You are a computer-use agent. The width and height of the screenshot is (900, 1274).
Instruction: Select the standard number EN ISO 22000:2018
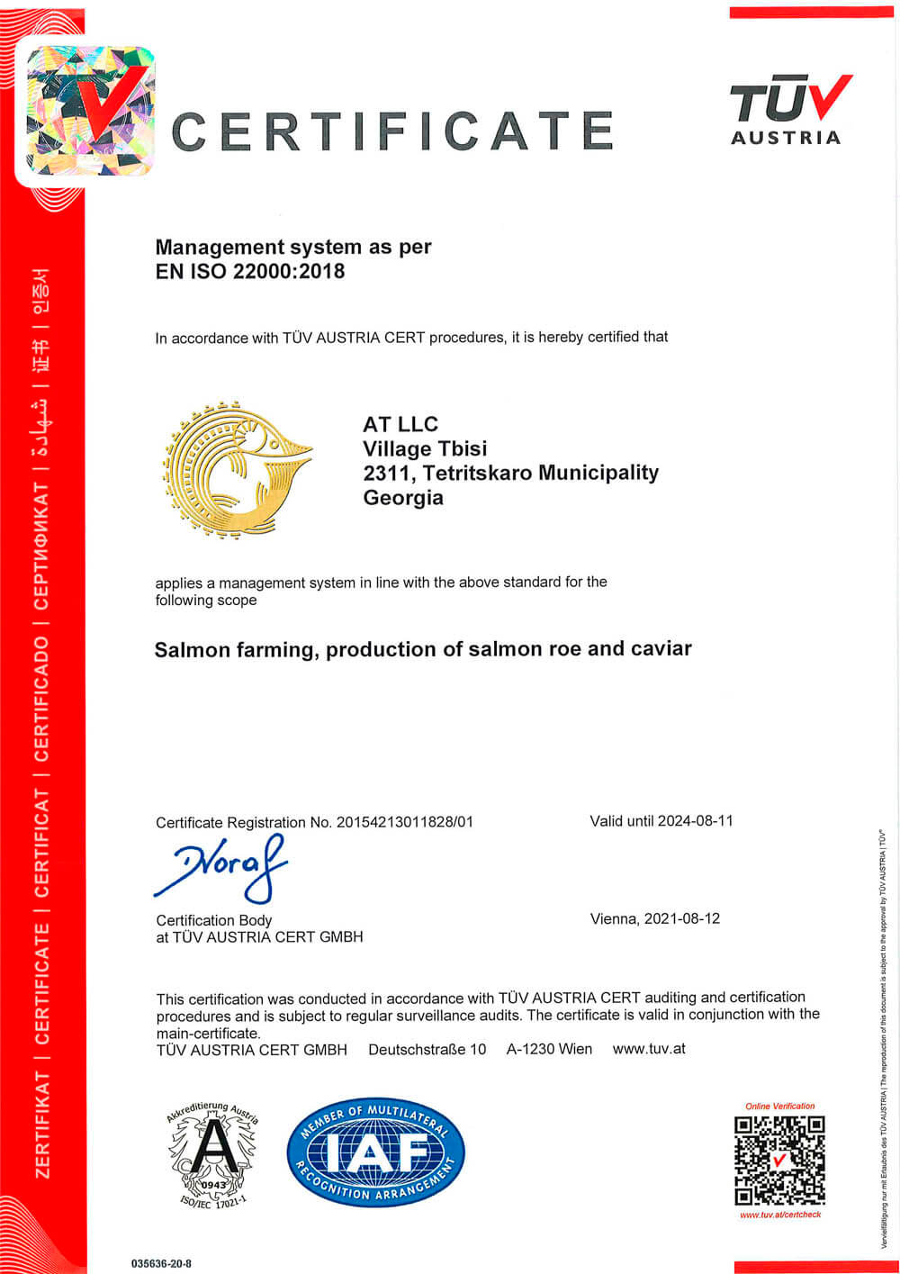(250, 271)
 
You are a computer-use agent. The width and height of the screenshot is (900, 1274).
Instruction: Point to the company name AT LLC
(400, 424)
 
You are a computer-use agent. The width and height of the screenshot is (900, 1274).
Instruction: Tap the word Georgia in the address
(403, 497)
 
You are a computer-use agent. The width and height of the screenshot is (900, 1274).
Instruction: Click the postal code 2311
(386, 473)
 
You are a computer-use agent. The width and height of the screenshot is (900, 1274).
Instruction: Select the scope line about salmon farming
(423, 649)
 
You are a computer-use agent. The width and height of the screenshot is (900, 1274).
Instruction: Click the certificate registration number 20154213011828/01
(404, 821)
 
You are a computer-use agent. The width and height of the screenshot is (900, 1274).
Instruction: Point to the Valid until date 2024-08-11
(695, 820)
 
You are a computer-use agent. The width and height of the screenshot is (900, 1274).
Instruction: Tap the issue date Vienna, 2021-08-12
(655, 918)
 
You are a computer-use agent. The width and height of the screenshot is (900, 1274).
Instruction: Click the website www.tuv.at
(649, 1048)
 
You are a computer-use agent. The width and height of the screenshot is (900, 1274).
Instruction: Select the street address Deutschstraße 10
(427, 1049)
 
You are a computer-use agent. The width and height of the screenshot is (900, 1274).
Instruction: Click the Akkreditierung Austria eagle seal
(212, 1155)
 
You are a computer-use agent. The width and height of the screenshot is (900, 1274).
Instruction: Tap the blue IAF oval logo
(375, 1154)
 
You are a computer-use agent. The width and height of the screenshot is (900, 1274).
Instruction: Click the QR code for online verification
(779, 1160)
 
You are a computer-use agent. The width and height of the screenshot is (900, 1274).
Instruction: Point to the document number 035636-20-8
(161, 1263)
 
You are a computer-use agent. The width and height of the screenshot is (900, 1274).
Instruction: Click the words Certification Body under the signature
(214, 920)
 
